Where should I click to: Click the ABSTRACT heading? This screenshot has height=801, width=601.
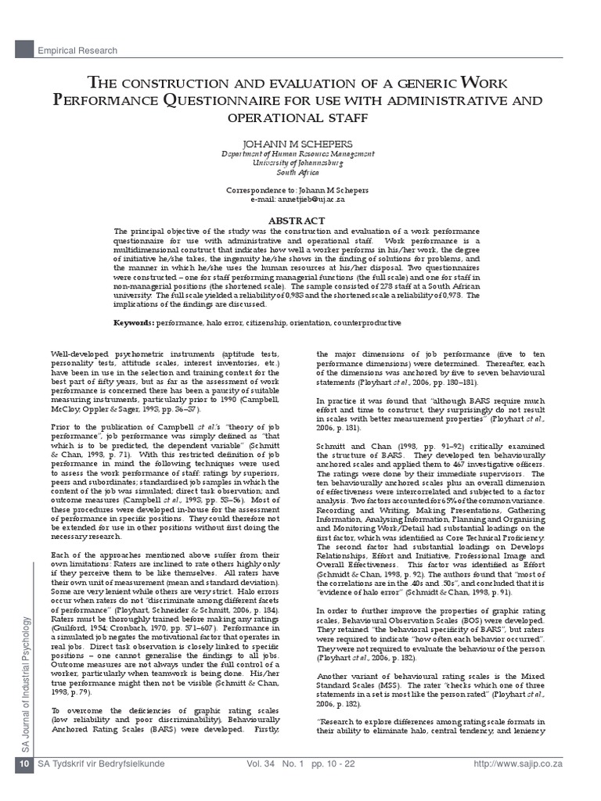click(x=301, y=221)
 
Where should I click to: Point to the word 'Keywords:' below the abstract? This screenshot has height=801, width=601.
click(x=134, y=322)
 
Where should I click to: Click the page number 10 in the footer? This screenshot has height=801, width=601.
click(x=24, y=784)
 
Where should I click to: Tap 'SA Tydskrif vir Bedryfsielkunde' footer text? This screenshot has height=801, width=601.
click(x=110, y=785)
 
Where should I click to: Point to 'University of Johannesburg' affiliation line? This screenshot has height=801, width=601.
click(x=301, y=163)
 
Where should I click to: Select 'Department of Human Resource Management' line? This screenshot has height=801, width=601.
click(x=301, y=155)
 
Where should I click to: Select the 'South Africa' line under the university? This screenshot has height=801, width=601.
click(x=301, y=173)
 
